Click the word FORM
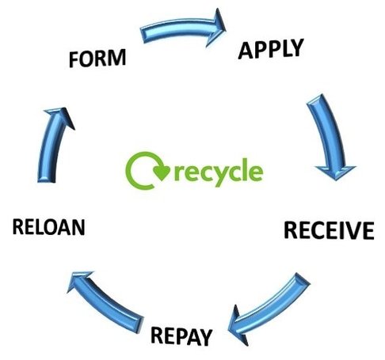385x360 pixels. click(97, 58)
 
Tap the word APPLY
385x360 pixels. click(271, 49)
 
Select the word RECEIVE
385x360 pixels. click(329, 230)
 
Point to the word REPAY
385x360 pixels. click(181, 336)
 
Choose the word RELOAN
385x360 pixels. click(49, 227)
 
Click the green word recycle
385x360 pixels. click(219, 172)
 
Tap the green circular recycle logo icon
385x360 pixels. click(147, 170)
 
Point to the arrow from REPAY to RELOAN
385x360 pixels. click(105, 301)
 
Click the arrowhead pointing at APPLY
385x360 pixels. click(216, 27)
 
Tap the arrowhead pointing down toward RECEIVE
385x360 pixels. click(336, 172)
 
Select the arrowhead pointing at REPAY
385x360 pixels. click(238, 326)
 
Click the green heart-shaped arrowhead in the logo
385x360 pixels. click(162, 172)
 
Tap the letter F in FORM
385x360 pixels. click(74, 59)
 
